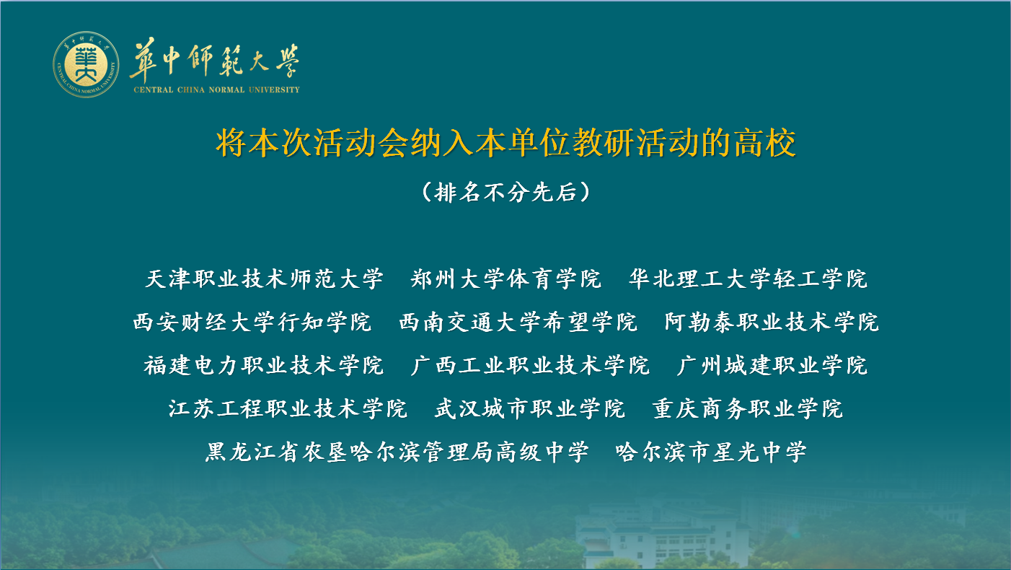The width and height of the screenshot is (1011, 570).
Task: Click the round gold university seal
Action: click(87, 65)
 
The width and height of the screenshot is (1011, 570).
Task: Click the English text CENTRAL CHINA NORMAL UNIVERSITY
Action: click(216, 90)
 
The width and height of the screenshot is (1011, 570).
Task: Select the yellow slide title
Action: click(505, 143)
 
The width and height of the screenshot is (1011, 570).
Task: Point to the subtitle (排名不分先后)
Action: click(505, 192)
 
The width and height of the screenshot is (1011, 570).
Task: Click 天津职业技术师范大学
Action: click(265, 279)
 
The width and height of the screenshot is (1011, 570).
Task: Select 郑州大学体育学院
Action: click(506, 279)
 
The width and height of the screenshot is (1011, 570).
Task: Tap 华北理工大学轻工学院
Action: click(749, 279)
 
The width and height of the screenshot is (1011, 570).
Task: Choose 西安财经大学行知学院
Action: click(252, 322)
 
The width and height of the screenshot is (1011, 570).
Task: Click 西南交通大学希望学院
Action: click(518, 322)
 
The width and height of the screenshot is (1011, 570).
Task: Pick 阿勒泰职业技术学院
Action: click(772, 322)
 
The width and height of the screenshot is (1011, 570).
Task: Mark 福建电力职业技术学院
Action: click(264, 365)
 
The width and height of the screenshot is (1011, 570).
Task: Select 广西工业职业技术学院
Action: click(530, 365)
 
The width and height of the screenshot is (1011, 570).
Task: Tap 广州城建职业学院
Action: click(772, 365)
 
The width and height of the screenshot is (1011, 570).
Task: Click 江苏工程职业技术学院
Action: click(288, 409)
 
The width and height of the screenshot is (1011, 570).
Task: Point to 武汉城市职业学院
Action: click(530, 409)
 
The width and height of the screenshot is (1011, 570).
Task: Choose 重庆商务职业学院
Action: click(748, 409)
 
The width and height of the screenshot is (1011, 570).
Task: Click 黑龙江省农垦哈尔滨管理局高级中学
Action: click(397, 452)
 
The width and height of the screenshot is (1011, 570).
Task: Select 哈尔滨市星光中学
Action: click(711, 452)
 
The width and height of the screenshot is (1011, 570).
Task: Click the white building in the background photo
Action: click(663, 538)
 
